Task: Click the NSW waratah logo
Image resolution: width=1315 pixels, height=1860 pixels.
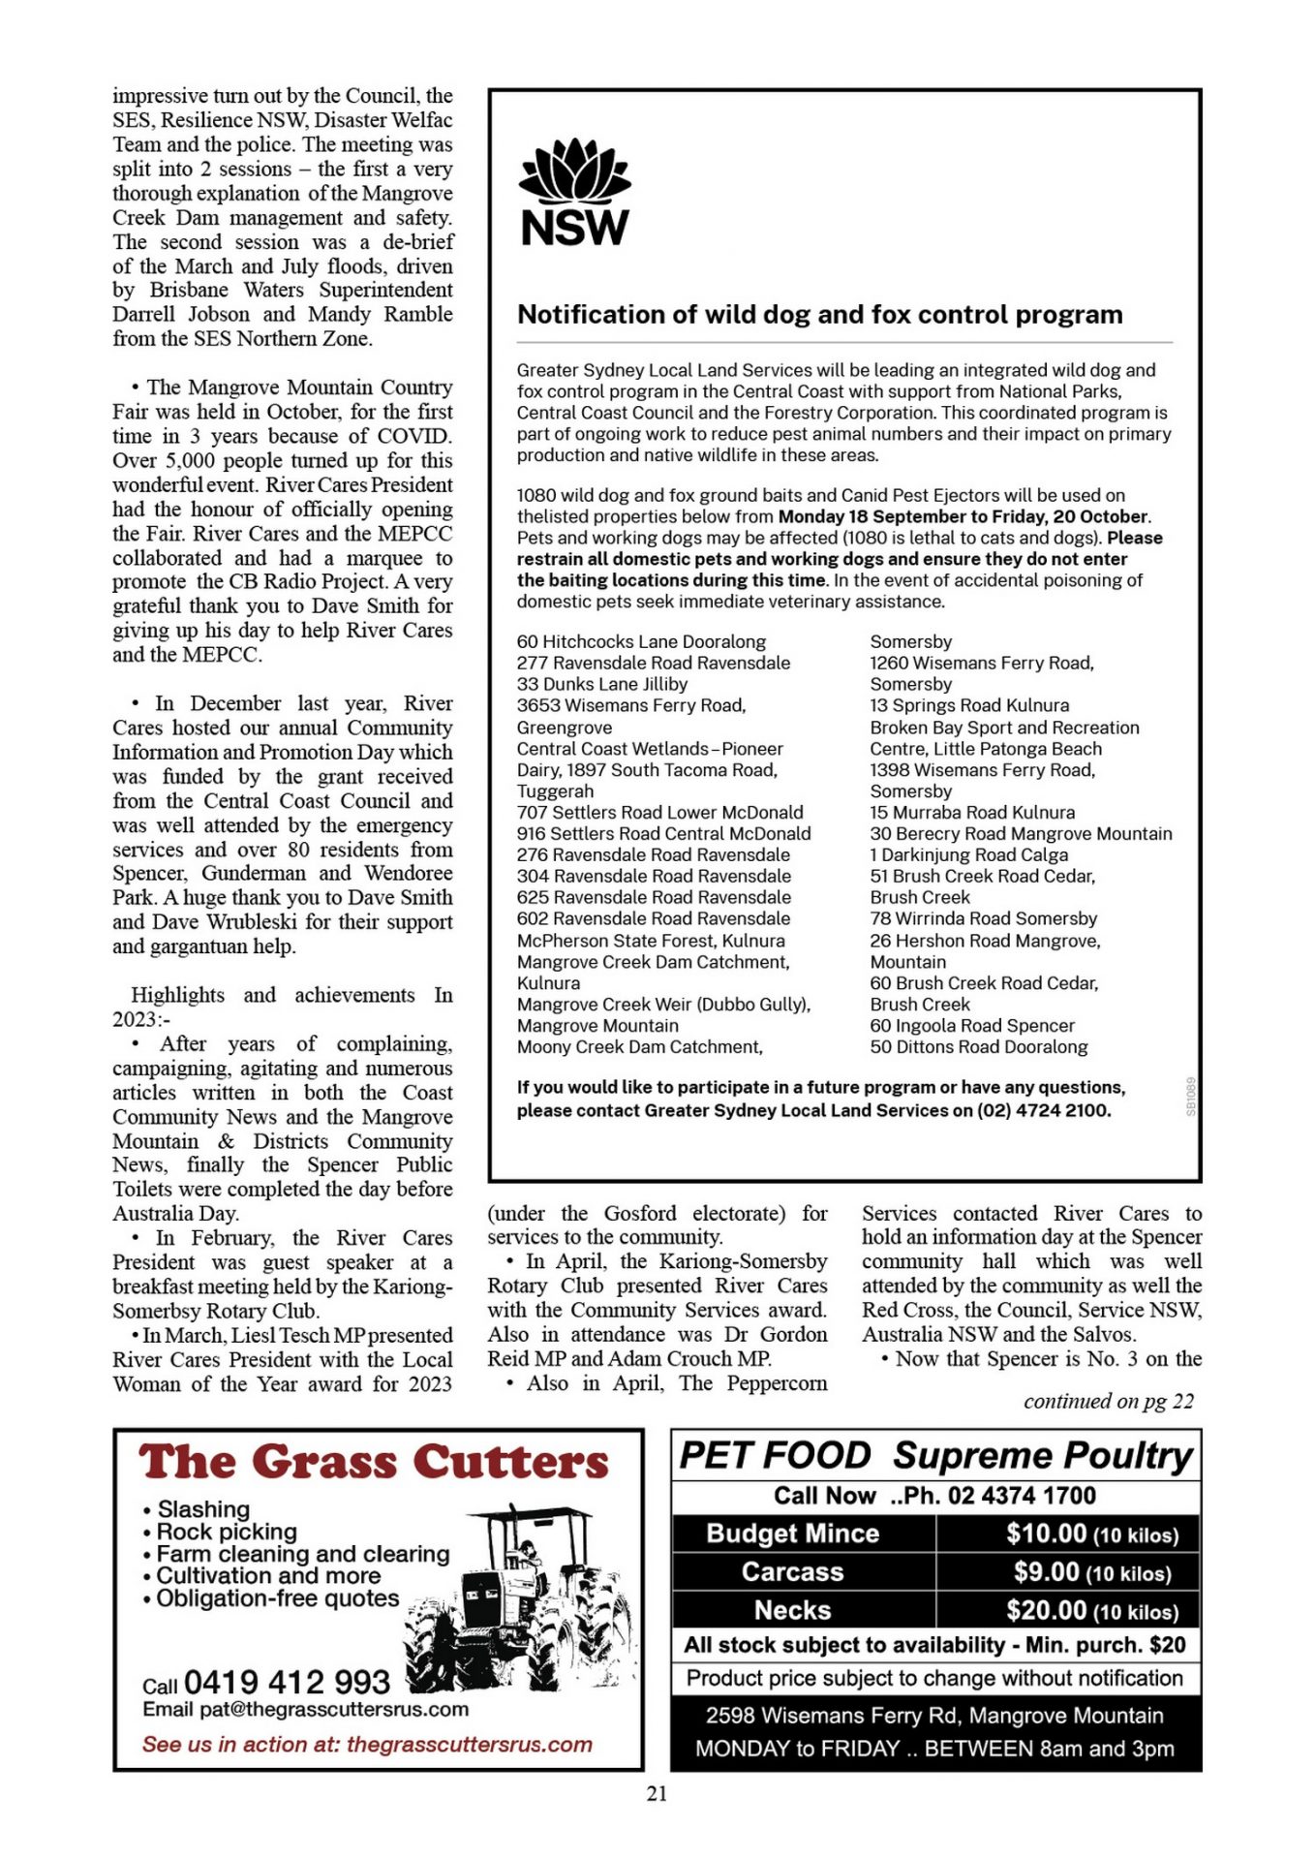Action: [x=575, y=192]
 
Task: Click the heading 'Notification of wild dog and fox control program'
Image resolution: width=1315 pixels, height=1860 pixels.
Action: [x=819, y=315]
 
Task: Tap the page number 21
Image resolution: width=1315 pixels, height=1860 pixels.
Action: [x=657, y=1793]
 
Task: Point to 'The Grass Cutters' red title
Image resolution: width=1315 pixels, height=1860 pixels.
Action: [x=374, y=1462]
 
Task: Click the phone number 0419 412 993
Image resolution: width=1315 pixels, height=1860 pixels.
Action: [x=287, y=1682]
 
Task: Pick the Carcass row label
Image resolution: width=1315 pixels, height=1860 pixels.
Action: [x=792, y=1571]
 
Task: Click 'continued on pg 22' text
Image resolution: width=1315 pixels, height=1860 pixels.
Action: [x=1109, y=1401]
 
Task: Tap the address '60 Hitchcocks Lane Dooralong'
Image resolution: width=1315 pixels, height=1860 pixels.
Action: [x=641, y=641]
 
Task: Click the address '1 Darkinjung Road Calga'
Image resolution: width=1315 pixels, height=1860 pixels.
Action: [x=968, y=854]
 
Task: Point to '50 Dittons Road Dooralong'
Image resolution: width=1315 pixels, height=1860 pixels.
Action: [x=978, y=1047]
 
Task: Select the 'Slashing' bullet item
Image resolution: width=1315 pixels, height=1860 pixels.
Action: [x=203, y=1509]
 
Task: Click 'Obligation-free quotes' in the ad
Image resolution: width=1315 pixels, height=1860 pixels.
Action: [x=277, y=1598]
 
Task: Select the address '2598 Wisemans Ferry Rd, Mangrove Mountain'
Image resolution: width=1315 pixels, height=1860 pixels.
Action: [x=934, y=1716]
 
